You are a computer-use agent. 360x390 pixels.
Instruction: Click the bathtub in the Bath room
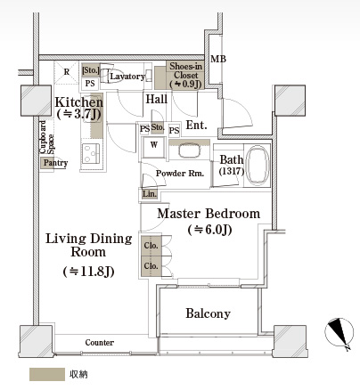point(258,165)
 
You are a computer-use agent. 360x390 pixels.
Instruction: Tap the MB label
point(218,59)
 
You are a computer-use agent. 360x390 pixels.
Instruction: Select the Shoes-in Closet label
point(185,75)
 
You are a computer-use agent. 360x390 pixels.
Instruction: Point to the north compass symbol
point(340,333)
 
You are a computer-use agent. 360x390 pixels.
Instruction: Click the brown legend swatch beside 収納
point(47,374)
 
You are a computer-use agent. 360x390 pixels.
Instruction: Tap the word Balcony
point(208,313)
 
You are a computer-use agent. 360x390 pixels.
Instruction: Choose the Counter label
point(99,343)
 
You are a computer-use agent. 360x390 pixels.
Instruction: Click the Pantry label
point(55,163)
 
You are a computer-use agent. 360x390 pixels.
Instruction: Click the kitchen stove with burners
point(91,153)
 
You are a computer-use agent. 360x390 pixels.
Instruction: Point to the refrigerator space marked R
point(67,71)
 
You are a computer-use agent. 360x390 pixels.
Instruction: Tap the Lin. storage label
point(149,194)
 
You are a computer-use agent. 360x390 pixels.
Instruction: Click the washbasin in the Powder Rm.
point(189,150)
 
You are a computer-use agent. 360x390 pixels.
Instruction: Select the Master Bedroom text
point(209,214)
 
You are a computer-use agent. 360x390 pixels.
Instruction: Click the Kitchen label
point(79,102)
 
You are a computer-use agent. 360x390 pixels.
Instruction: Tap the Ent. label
point(196,126)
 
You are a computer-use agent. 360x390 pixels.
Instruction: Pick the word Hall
point(156,99)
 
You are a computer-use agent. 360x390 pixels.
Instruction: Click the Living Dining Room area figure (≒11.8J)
point(88,271)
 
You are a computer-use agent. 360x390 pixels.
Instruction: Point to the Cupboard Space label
point(47,137)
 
